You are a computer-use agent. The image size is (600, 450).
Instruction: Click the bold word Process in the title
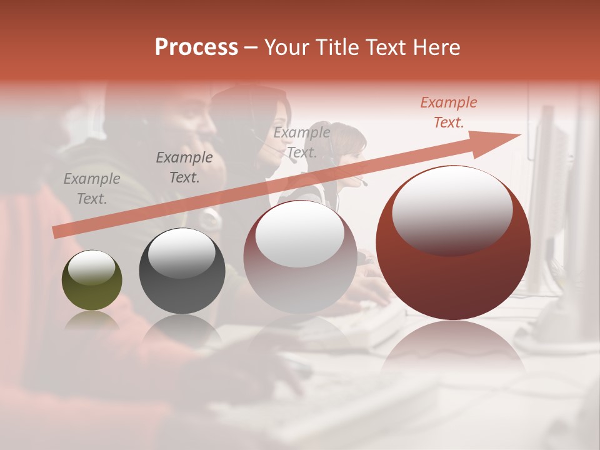tap(196, 47)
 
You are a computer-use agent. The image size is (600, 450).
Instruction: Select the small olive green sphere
tap(92, 280)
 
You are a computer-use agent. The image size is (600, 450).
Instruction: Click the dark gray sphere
tap(181, 271)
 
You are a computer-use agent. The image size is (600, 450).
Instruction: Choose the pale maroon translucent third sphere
tap(300, 256)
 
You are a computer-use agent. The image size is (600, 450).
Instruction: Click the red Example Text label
tap(448, 112)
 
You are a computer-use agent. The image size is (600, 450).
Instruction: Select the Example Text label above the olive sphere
tap(91, 189)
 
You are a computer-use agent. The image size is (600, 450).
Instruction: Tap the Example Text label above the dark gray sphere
tap(184, 167)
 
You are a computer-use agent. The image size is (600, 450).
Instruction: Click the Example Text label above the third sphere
tap(301, 142)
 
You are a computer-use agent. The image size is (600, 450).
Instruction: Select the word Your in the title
tap(286, 47)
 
